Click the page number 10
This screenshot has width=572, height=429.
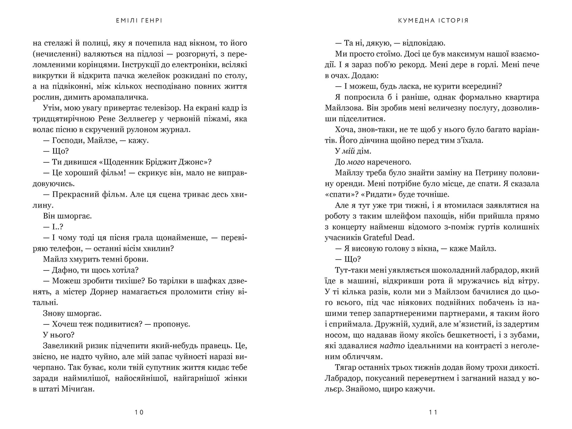(139, 412)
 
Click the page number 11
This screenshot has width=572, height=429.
(433, 412)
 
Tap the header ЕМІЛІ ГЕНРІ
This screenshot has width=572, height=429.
(139, 21)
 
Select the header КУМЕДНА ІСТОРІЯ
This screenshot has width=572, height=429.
(433, 21)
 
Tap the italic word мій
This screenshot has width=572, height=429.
(348, 151)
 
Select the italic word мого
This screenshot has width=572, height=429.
(356, 162)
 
